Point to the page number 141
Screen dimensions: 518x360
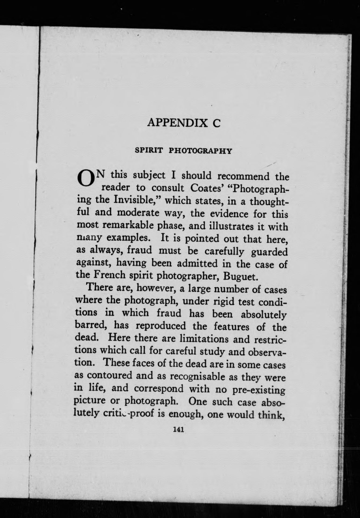pyautogui.click(x=178, y=429)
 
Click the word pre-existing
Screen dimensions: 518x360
pyautogui.click(x=258, y=390)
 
